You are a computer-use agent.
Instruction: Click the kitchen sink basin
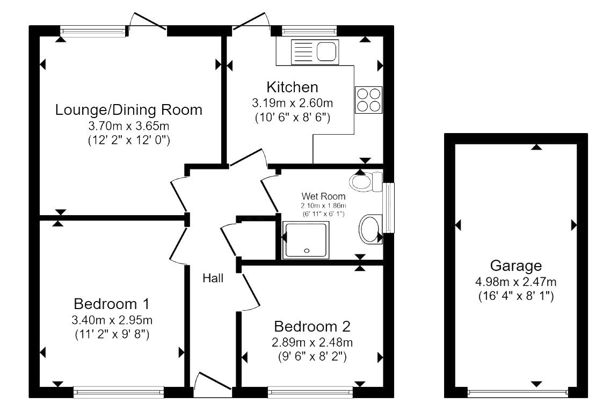[x=326, y=52]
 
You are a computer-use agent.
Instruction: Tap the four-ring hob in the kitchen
[x=368, y=100]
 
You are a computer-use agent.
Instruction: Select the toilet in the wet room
[x=365, y=181]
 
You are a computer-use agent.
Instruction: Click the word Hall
[x=213, y=278]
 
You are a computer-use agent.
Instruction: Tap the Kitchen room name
[x=293, y=87]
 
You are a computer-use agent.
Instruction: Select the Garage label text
[x=515, y=266]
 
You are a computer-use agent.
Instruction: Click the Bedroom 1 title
[x=111, y=304]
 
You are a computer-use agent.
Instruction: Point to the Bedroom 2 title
[x=312, y=326]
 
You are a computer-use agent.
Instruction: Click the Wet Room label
[x=323, y=196]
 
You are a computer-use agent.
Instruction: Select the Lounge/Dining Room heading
[x=129, y=110]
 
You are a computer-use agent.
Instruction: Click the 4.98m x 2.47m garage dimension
[x=515, y=281]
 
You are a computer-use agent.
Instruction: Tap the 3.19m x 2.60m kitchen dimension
[x=293, y=102]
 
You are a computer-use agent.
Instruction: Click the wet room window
[x=389, y=208]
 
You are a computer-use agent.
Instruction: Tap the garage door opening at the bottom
[x=518, y=393]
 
